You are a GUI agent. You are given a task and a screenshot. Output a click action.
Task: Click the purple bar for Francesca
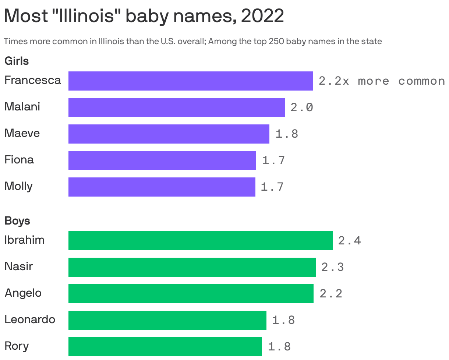[x=190, y=81]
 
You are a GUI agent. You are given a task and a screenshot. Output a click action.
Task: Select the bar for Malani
[x=176, y=107]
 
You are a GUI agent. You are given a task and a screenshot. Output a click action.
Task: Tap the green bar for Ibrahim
[x=200, y=241]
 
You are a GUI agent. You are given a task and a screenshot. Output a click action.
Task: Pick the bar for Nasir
[x=192, y=267]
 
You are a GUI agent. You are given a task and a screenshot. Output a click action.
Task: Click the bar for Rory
[x=165, y=347]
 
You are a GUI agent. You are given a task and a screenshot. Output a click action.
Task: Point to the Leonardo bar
[x=167, y=320]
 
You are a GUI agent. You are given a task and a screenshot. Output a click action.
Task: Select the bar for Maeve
[x=169, y=134]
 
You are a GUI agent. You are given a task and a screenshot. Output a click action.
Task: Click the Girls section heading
[x=17, y=61]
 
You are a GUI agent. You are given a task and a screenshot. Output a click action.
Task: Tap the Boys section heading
[x=17, y=221]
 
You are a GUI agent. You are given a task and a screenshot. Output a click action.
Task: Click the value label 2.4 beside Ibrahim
[x=349, y=241]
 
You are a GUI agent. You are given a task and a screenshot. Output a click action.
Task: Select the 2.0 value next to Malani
[x=302, y=107]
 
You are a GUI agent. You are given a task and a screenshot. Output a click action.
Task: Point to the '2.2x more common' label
[x=382, y=81]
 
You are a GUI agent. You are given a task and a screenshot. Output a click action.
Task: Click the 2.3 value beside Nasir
[x=333, y=267]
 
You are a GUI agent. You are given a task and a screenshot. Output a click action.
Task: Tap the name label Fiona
[x=19, y=160]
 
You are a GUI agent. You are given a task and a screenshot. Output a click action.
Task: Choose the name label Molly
[x=18, y=186]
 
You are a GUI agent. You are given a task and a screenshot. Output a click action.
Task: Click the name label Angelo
[x=23, y=293]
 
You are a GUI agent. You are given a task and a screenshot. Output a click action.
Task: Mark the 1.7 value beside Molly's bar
[x=272, y=187]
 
